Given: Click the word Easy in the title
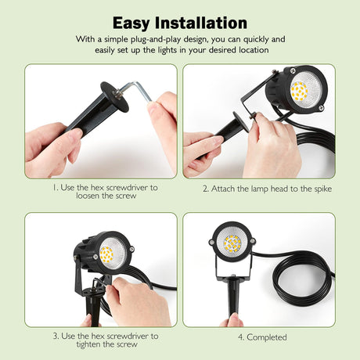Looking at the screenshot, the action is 131,23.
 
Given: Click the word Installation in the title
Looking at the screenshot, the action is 201,23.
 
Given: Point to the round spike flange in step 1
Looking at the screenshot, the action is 114,97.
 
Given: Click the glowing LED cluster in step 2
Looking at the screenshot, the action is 299,91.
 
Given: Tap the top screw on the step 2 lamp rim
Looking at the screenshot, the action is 293,70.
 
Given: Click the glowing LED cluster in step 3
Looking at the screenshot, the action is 106,255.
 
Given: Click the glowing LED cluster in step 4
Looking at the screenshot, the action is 232,243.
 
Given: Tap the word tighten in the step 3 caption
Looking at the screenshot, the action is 88,344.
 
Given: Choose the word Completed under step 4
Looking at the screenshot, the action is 267,337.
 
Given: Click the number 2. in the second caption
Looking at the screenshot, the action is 206,189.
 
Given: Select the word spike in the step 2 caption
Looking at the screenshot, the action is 323,189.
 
